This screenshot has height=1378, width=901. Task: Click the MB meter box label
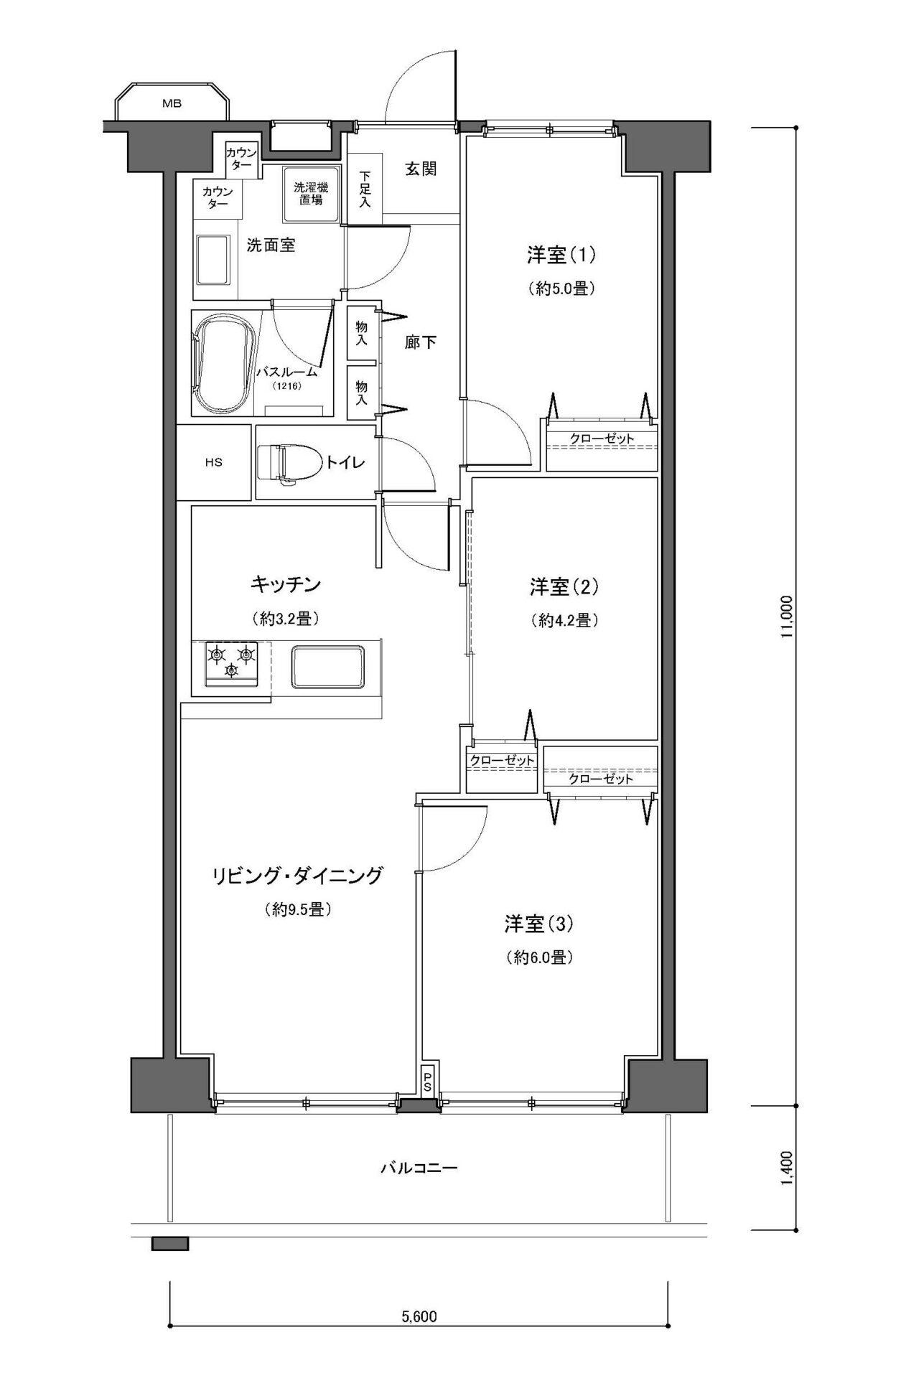click(172, 103)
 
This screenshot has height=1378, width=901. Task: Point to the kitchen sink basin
click(327, 667)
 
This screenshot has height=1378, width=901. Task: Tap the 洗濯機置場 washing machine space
click(311, 194)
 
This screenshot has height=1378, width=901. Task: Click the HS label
click(213, 462)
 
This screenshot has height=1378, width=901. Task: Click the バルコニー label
click(419, 1168)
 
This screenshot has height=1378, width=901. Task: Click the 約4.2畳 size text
click(564, 619)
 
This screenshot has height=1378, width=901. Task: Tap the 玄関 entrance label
click(421, 170)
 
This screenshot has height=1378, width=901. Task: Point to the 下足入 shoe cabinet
click(365, 189)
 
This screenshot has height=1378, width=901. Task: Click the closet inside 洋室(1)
click(602, 446)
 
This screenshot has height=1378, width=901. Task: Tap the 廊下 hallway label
click(421, 342)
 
